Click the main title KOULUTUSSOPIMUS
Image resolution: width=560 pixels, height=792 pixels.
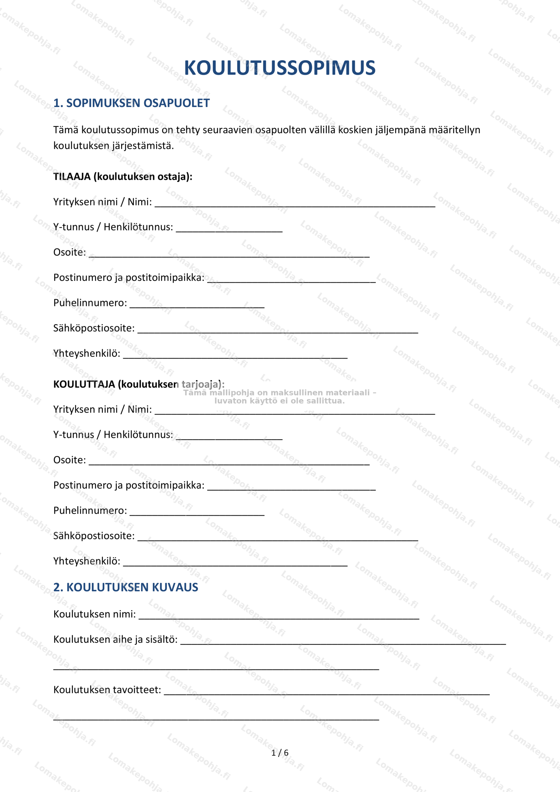(280, 68)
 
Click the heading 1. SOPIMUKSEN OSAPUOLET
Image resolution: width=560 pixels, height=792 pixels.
(131, 103)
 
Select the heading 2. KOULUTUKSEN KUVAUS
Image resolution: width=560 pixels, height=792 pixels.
(126, 587)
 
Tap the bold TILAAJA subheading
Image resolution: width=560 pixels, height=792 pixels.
(123, 177)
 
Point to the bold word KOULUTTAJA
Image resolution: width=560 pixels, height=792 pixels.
(84, 384)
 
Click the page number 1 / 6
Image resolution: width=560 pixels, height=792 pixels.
(280, 753)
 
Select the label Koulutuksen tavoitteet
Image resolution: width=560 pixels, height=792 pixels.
(107, 690)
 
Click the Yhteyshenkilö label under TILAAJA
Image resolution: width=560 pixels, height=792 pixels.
(87, 353)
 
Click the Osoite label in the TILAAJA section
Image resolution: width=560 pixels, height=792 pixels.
(70, 252)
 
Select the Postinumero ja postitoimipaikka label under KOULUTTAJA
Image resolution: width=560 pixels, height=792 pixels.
(129, 485)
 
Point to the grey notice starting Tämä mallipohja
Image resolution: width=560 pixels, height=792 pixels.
(280, 397)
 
